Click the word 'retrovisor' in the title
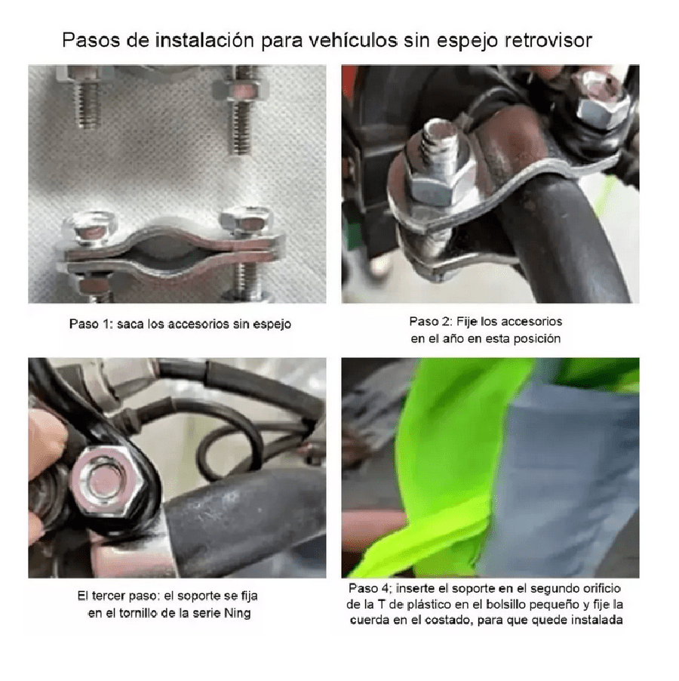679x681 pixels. click(x=548, y=40)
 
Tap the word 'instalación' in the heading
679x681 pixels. click(x=204, y=40)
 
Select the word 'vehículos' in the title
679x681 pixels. click(x=353, y=40)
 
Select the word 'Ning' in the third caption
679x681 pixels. click(x=238, y=614)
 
